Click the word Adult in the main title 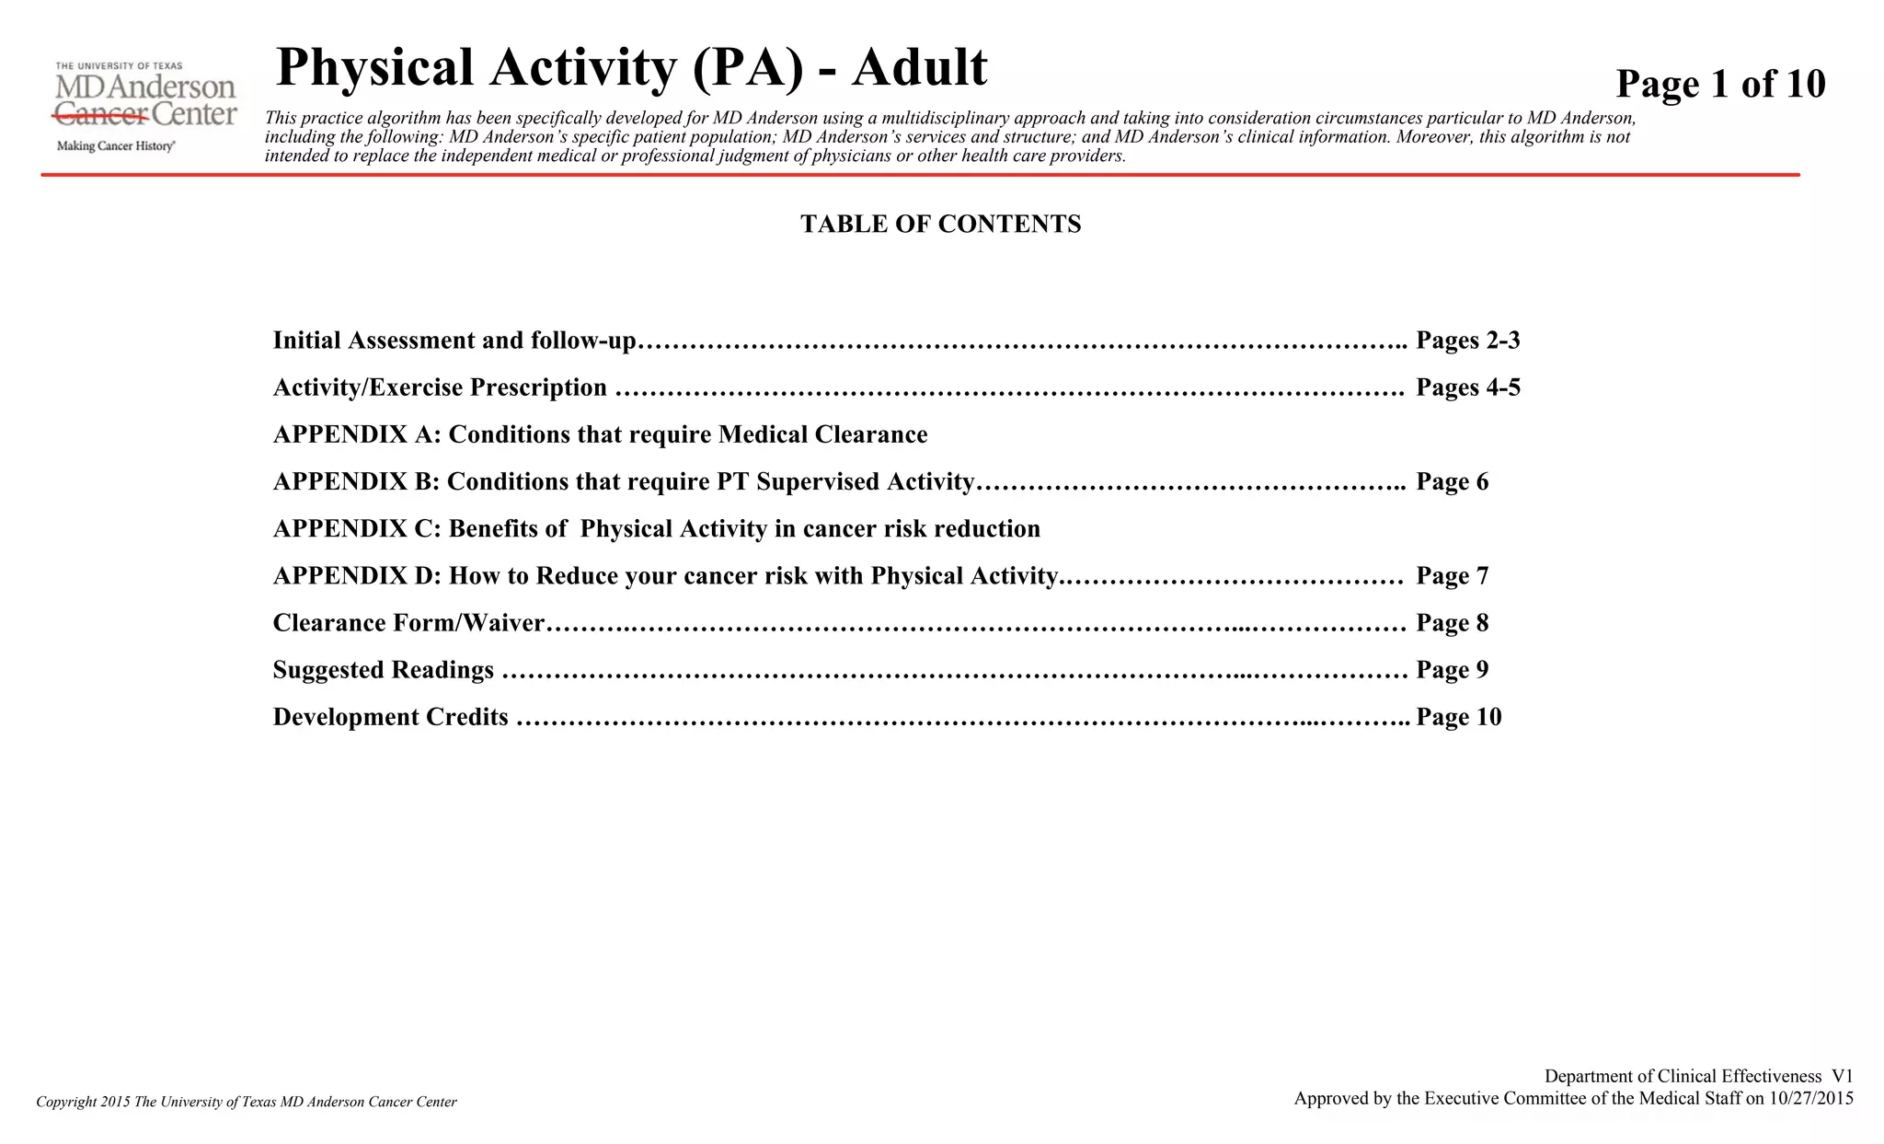point(919,67)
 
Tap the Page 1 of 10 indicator point(1719,84)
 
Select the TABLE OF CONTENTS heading point(940,225)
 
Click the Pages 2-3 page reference point(1467,341)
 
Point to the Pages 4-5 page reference point(1467,387)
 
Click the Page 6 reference point(1452,482)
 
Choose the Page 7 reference point(1452,576)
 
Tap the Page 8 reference point(1452,623)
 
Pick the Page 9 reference point(1452,670)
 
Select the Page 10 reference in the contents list point(1458,717)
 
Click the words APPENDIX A point(357,434)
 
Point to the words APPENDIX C point(357,529)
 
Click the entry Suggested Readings point(383,670)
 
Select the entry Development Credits point(390,717)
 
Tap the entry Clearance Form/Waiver point(408,623)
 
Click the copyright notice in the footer point(247,1102)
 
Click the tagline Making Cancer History point(116,146)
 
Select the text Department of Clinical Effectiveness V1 point(1698,1076)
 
